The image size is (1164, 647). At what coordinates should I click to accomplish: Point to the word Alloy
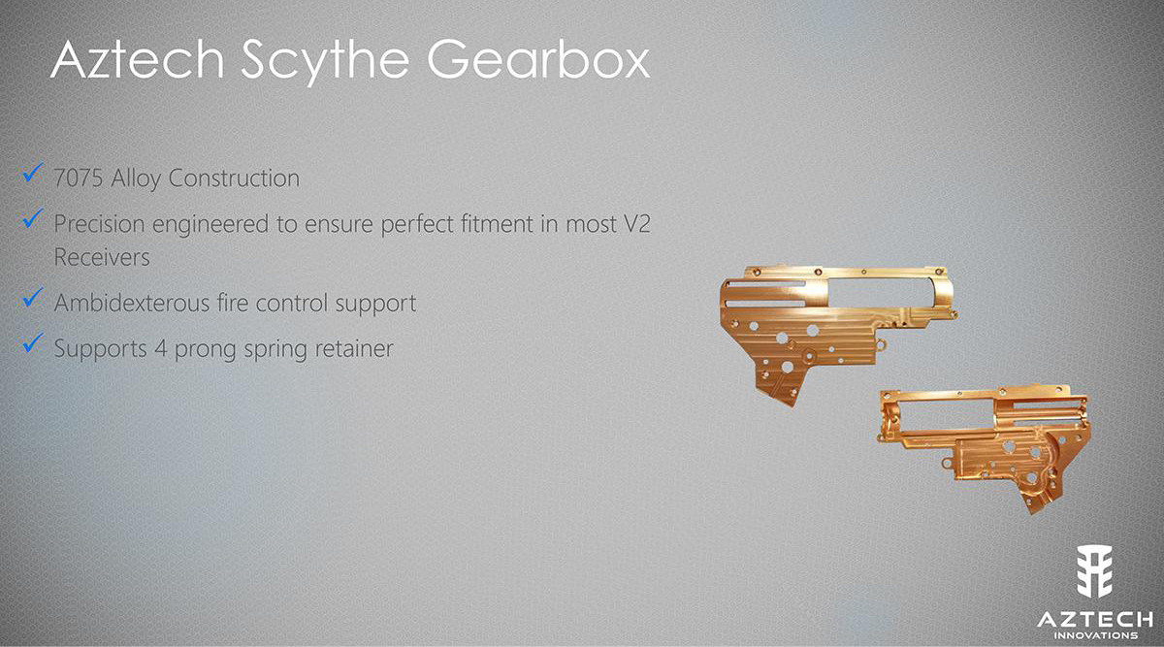pos(138,178)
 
